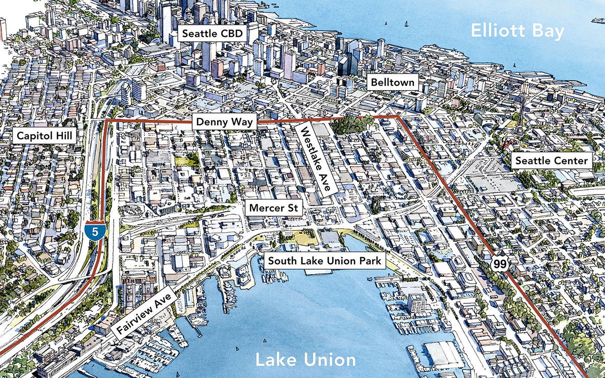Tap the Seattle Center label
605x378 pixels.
550,161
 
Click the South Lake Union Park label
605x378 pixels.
324,261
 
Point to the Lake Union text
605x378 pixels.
305,360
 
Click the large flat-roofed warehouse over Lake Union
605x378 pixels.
444,355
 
